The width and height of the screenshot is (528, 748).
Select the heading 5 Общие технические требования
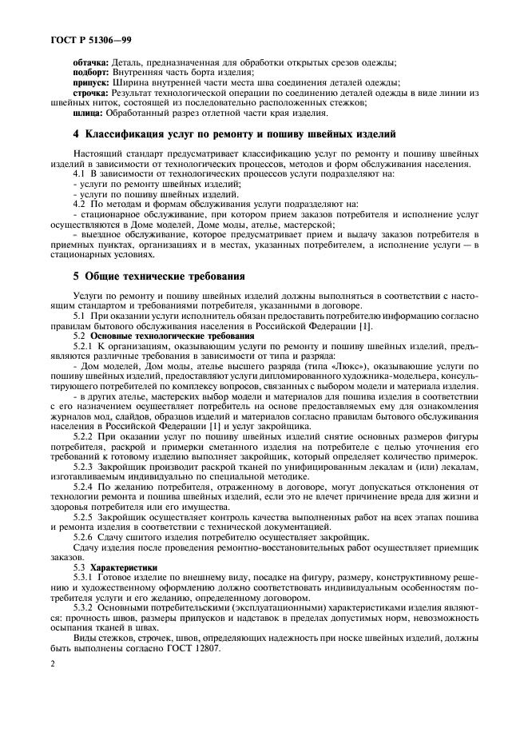(158, 277)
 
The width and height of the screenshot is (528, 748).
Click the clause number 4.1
(79, 173)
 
